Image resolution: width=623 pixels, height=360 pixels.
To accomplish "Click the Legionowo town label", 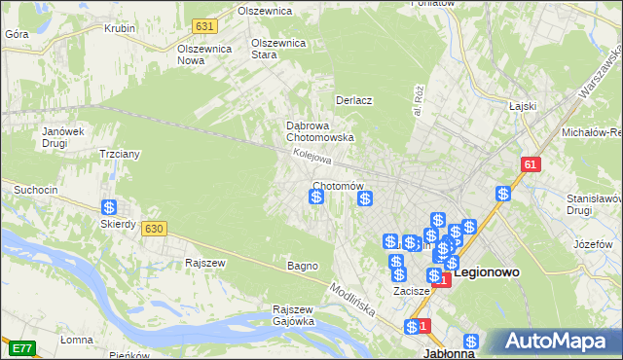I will (x=500, y=273).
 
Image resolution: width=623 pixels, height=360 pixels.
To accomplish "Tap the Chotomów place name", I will (x=338, y=186).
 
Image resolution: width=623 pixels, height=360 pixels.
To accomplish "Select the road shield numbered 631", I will (x=203, y=26).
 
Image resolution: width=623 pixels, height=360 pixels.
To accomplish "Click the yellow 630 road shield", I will (x=153, y=228).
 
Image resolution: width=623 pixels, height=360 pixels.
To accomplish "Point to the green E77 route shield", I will (x=21, y=346).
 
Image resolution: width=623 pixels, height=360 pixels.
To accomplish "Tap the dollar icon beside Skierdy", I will (x=110, y=207).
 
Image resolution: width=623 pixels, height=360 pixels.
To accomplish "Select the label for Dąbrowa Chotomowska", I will (x=319, y=131).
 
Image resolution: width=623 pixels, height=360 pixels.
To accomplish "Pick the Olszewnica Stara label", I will (x=279, y=49).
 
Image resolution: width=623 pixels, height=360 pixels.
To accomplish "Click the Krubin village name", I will (x=120, y=28).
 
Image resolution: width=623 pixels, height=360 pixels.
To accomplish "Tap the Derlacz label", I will (x=354, y=100).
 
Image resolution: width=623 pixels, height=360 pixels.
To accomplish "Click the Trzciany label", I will (x=121, y=154).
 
